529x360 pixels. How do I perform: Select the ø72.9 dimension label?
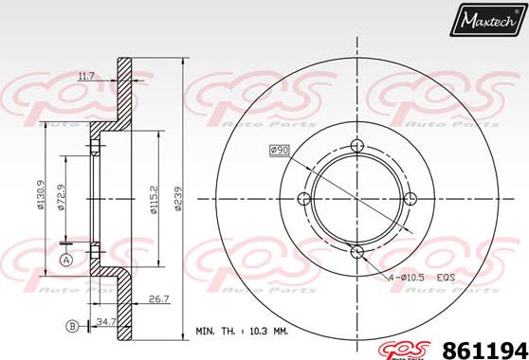point(64,199)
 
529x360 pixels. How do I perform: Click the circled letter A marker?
point(66,260)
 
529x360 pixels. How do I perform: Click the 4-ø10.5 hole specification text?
point(409,277)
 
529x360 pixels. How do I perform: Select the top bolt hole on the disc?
point(357,145)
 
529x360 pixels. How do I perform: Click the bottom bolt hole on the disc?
point(357,251)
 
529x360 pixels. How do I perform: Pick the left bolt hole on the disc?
point(304,198)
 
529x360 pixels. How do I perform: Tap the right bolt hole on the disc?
point(410,198)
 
